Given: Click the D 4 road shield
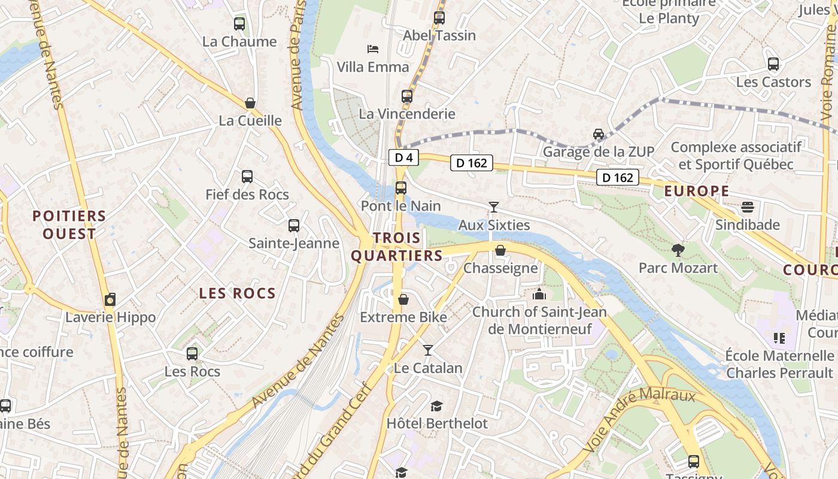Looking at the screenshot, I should pos(404,157).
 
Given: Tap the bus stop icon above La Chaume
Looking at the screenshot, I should pos(239,24).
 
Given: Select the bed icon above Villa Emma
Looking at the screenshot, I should pos(373,48).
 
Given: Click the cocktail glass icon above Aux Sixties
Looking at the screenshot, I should pos(494,207).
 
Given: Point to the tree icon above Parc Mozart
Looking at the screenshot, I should pos(678,250).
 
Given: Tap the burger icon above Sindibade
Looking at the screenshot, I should pos(748,207).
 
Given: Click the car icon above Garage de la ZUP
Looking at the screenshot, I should pos(599,134).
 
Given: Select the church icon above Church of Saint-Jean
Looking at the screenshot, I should pos(539,294).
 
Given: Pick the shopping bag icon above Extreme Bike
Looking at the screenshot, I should pos(403,299).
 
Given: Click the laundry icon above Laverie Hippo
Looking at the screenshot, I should pos(110,299).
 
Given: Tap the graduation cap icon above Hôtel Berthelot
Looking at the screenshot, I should pos(437,406).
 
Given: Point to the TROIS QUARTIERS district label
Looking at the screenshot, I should pos(397,247).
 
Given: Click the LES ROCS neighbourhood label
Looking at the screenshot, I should pos(237,293).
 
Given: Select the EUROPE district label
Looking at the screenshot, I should pos(697,192).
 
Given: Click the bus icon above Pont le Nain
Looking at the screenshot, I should pos(401,188).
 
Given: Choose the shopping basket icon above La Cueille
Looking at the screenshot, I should pos(250,103).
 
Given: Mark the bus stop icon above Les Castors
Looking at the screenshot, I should pos(773,64).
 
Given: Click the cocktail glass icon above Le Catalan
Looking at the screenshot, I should pos(428,350).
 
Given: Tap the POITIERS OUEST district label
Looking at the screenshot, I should pos(69,225).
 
